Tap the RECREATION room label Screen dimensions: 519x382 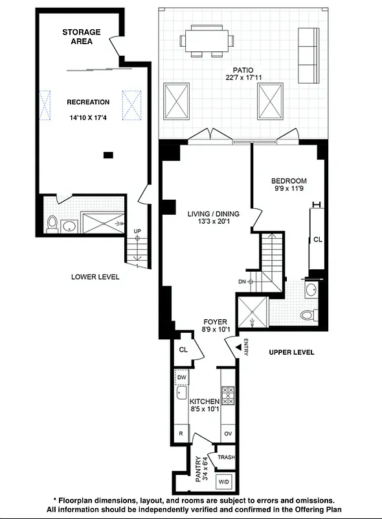click(89, 102)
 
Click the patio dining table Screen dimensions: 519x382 click(207, 40)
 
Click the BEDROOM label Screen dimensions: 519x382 click(289, 181)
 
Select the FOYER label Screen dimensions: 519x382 click(215, 321)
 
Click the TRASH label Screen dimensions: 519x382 click(226, 457)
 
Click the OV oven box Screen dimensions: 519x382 click(228, 433)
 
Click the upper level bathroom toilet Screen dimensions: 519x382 click(308, 315)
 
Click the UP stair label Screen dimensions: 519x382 click(137, 232)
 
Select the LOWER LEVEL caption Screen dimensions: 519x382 click(95, 277)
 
